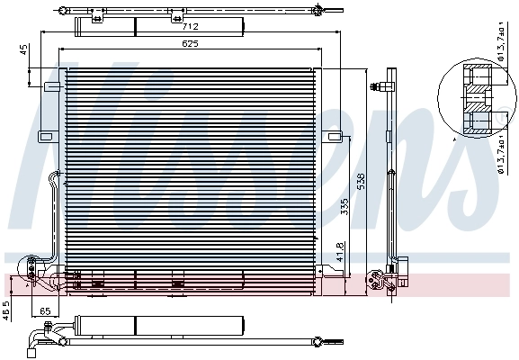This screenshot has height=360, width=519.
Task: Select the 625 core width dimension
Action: point(189,42)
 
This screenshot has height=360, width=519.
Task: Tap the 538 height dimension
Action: point(361,180)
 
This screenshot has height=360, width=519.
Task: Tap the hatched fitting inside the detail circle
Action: point(473,99)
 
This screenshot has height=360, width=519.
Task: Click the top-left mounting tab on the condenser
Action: point(51,86)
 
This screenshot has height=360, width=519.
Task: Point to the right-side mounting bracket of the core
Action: point(335,137)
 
